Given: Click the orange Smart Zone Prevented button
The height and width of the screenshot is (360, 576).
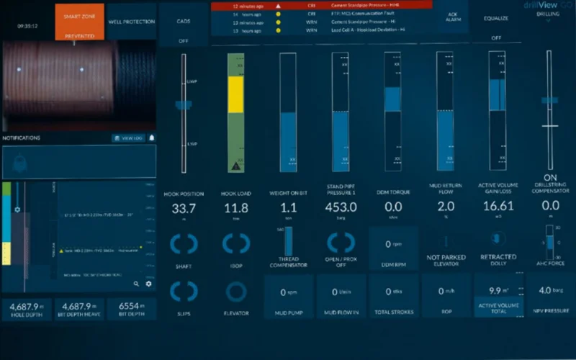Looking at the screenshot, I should click(x=79, y=22).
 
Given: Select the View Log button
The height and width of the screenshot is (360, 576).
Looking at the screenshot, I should click(x=128, y=138).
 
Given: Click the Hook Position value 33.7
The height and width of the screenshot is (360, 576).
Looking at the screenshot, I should click(x=184, y=209).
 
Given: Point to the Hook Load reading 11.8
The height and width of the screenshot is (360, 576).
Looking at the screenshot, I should click(x=236, y=209).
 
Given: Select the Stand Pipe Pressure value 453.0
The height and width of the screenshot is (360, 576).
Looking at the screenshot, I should click(x=341, y=209).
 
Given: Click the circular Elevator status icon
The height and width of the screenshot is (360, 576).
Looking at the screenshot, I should click(x=236, y=291).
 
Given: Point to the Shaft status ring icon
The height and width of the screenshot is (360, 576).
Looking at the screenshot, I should click(x=184, y=244).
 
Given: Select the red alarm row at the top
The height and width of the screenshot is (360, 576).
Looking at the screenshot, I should click(x=321, y=5).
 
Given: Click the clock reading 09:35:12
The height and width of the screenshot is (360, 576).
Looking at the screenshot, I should click(x=27, y=26).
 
